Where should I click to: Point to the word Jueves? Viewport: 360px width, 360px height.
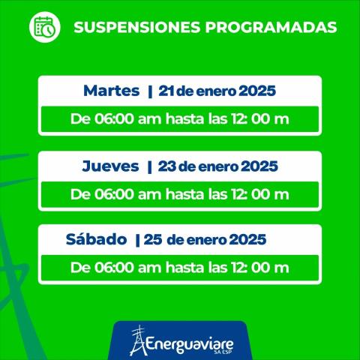(x=110, y=166)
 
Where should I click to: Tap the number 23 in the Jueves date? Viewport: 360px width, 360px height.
(x=166, y=166)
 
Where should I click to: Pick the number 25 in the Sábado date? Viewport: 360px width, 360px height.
(x=153, y=240)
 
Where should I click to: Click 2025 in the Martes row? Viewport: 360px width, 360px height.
(x=256, y=91)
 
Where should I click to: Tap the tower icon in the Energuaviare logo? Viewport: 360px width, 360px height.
(x=136, y=340)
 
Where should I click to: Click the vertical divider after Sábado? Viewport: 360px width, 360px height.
(x=137, y=240)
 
